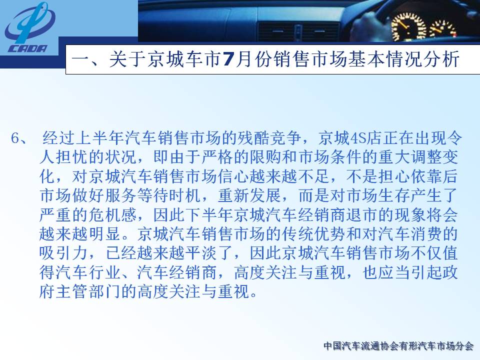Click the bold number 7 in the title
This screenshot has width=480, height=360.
229,59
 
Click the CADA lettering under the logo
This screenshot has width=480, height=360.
28,49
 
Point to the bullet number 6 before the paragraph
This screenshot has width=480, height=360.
15,138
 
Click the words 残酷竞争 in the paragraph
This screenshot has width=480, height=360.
269,138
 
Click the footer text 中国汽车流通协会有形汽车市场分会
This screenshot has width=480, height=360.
398,346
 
